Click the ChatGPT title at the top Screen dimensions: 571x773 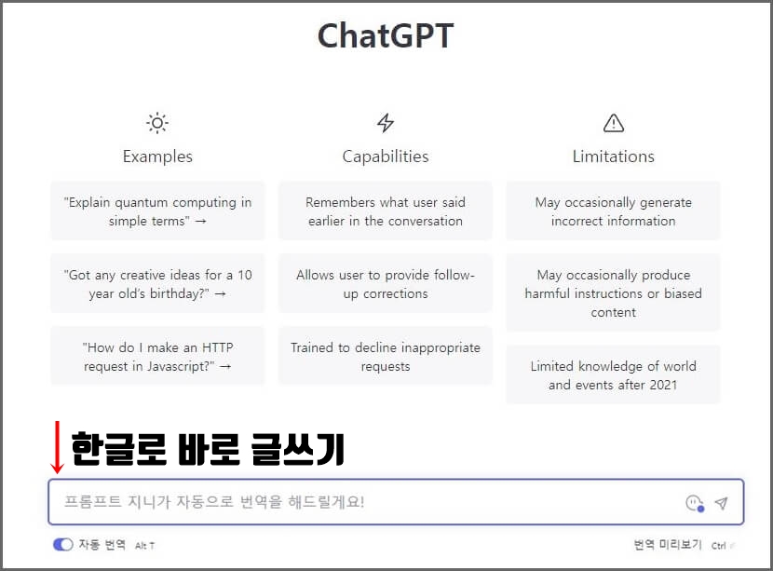pyautogui.click(x=386, y=36)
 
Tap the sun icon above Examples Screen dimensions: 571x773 pyautogui.click(x=157, y=123)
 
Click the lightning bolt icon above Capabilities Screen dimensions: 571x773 pyautogui.click(x=386, y=123)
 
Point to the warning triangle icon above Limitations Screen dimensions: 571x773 pyautogui.click(x=613, y=123)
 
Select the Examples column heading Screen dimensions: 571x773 pyautogui.click(x=157, y=156)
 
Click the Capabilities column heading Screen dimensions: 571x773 pyautogui.click(x=386, y=156)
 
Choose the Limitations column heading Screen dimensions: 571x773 pyautogui.click(x=613, y=156)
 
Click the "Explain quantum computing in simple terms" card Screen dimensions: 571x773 pyautogui.click(x=157, y=211)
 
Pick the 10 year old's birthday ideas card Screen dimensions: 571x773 pyautogui.click(x=157, y=284)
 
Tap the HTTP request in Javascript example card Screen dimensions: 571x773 pyautogui.click(x=157, y=357)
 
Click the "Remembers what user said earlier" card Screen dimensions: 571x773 pyautogui.click(x=386, y=211)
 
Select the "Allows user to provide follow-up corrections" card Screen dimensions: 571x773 pyautogui.click(x=386, y=284)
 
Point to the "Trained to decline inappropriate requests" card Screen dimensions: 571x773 pyautogui.click(x=386, y=357)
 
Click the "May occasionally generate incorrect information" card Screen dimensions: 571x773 pyautogui.click(x=613, y=211)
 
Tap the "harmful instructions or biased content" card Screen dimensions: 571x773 pyautogui.click(x=613, y=293)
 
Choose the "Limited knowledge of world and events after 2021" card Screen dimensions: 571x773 pyautogui.click(x=613, y=375)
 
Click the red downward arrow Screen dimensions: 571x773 pyautogui.click(x=58, y=447)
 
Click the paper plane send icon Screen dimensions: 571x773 pyautogui.click(x=721, y=503)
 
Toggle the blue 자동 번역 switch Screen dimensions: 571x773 pyautogui.click(x=63, y=545)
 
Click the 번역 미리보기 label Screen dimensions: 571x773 pyautogui.click(x=667, y=545)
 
